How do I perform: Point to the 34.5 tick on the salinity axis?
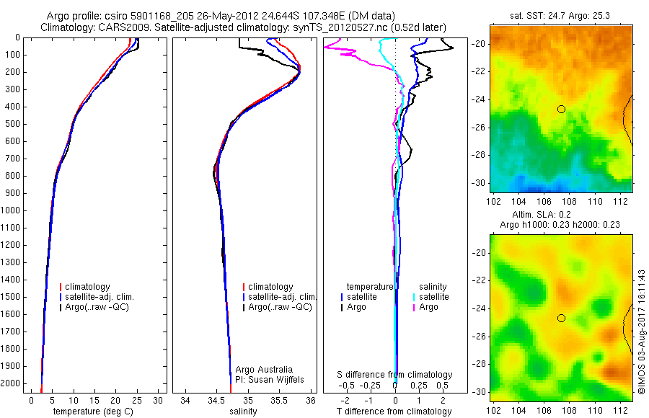tap(216, 400)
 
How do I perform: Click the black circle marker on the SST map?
tap(561, 109)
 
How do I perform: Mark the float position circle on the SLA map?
tap(561, 318)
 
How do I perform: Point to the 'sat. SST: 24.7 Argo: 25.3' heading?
tap(559, 14)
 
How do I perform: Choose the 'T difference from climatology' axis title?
tap(395, 412)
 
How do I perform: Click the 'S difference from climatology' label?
tap(395, 375)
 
